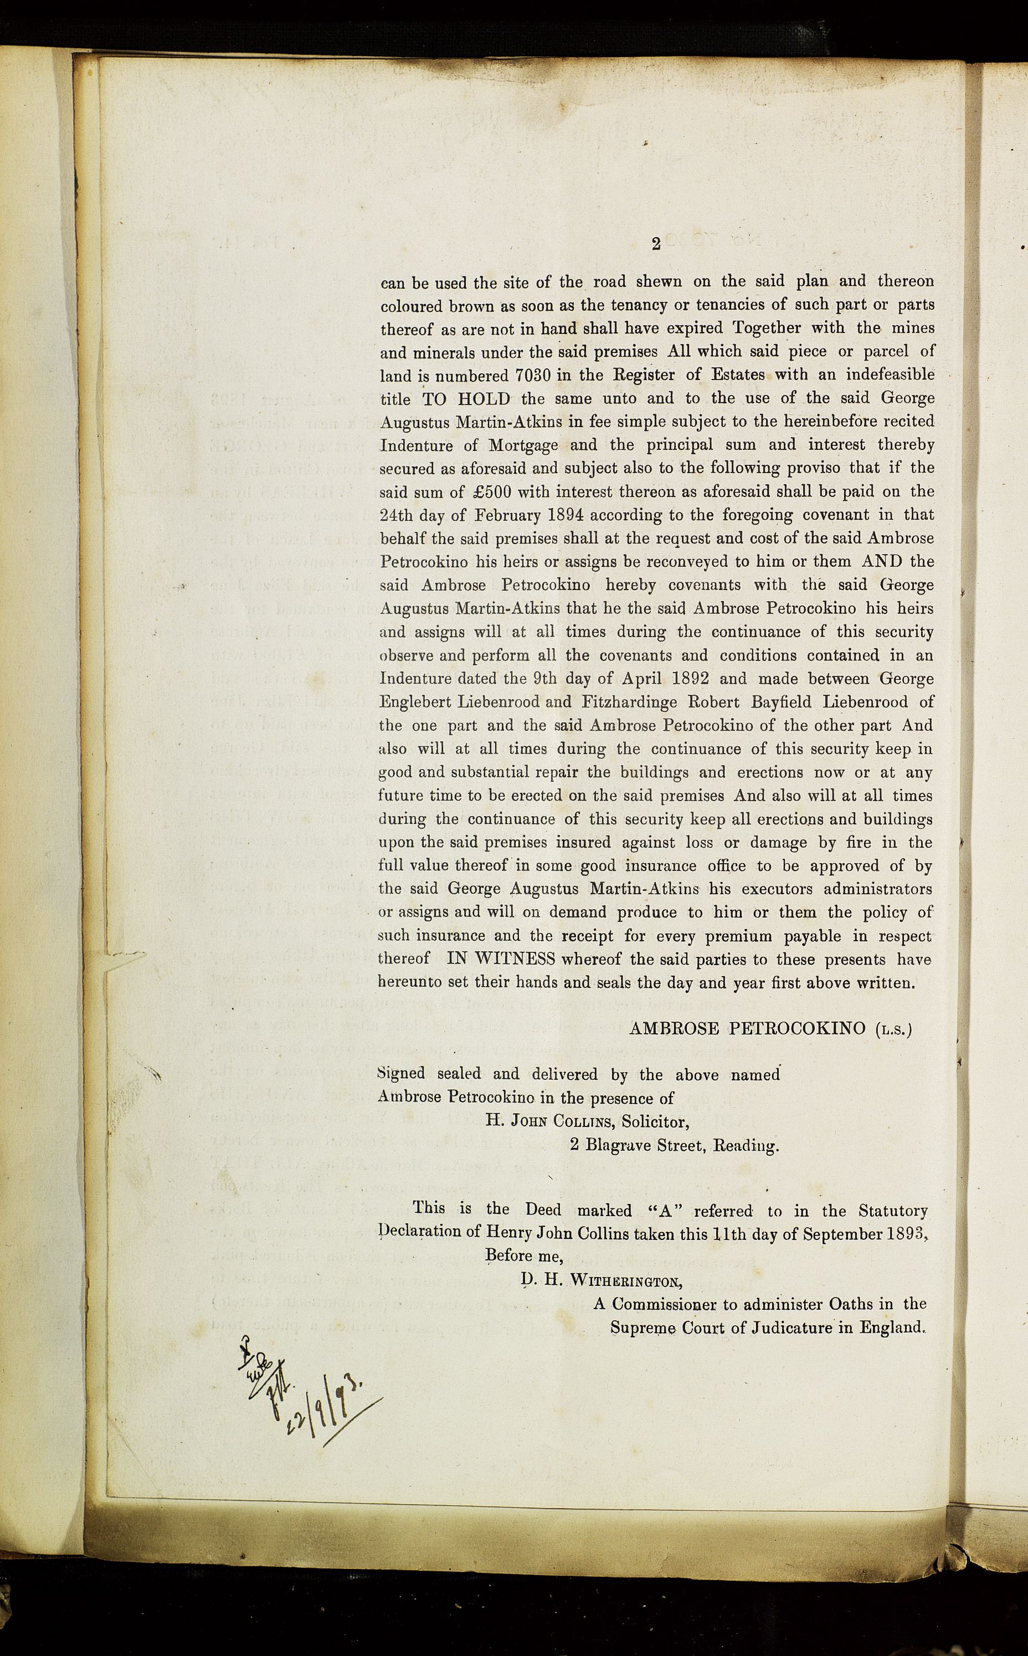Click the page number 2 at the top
(x=655, y=244)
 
